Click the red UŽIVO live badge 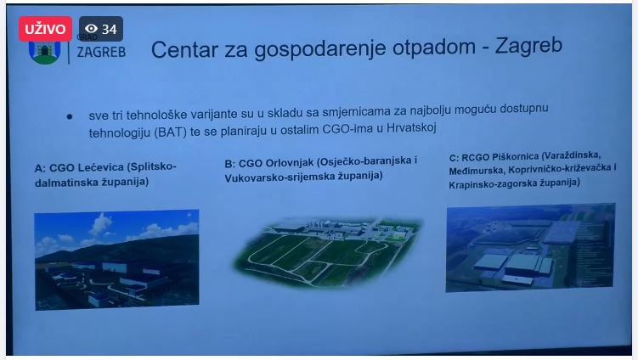(45, 29)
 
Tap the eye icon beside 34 (91, 29)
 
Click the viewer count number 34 (109, 29)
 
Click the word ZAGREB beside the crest (101, 52)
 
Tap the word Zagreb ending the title (528, 46)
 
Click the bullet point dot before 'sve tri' (70, 117)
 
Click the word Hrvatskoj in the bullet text (411, 127)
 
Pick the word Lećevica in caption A (100, 167)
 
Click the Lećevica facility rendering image (116, 260)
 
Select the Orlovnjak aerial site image (328, 252)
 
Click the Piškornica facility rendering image (530, 247)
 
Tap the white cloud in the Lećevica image (100, 225)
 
